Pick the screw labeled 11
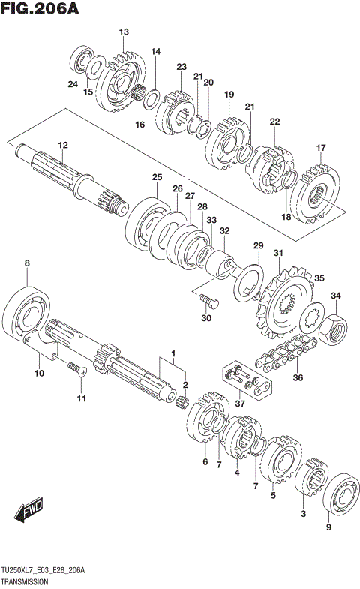[x=73, y=369]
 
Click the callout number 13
[x=124, y=32]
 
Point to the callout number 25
[x=157, y=177]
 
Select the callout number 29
[x=258, y=246]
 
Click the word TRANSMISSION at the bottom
[x=25, y=581]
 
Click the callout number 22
[x=274, y=122]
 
